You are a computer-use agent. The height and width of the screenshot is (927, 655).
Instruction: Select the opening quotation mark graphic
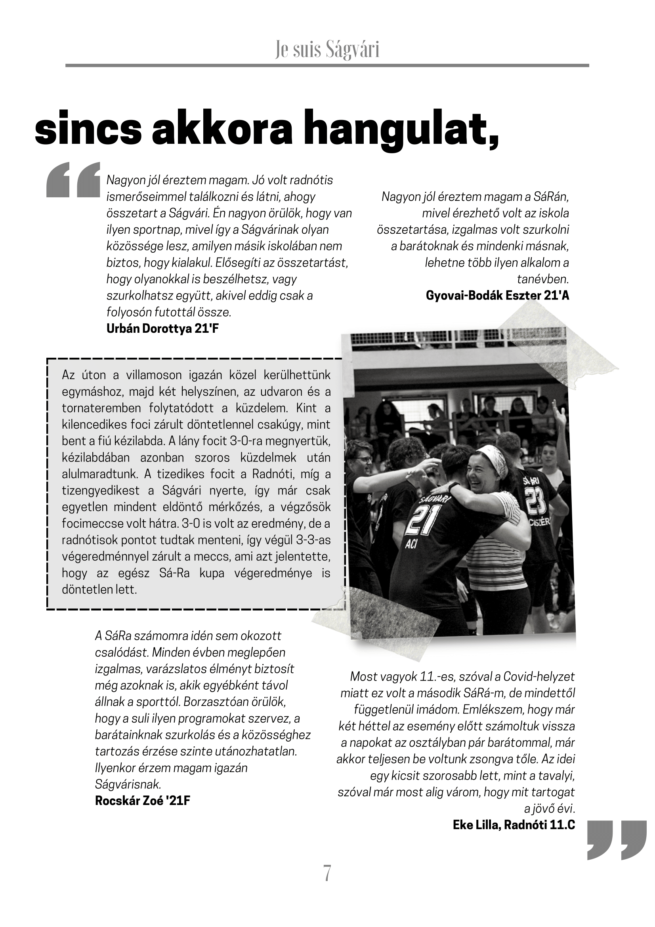pos(73,180)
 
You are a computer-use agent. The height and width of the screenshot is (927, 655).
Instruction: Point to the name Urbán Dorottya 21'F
pos(162,329)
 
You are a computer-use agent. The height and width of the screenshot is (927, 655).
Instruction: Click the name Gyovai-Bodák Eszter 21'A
pos(498,296)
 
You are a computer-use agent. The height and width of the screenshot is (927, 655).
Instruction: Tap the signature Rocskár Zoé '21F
pos(143,801)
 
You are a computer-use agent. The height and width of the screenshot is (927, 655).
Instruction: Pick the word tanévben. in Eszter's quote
pos(543,279)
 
